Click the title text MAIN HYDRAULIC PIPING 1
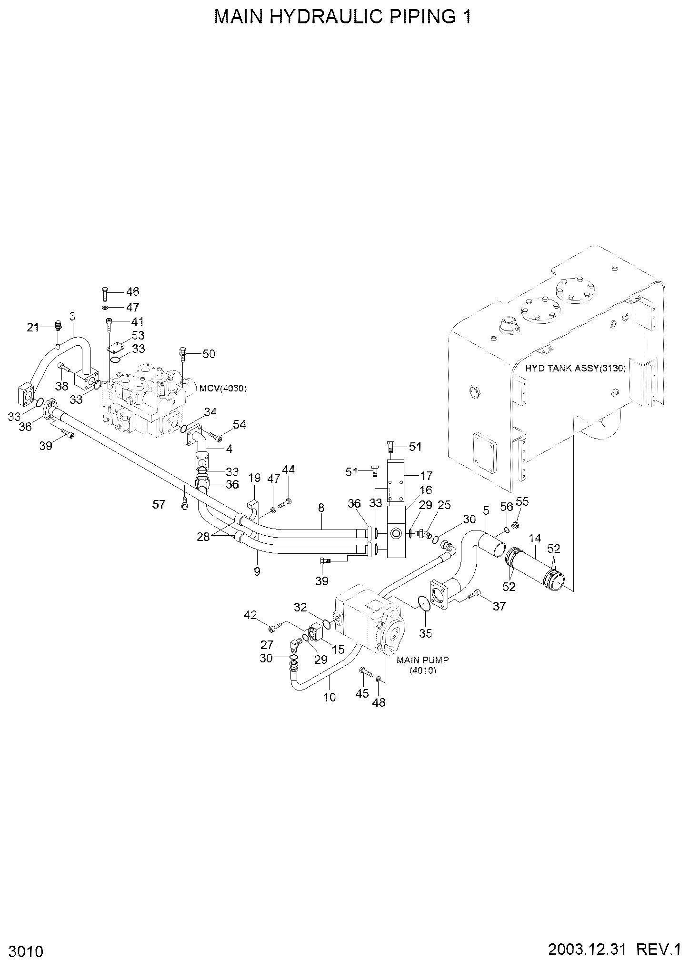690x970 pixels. coord(342,17)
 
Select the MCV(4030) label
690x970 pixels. coord(223,388)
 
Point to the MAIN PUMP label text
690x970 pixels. coord(423,660)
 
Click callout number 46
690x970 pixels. coord(133,291)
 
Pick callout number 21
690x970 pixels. coord(33,327)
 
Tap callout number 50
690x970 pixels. coord(209,354)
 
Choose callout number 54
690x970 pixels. coord(240,424)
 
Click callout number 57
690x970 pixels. coord(159,504)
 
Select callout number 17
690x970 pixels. coord(426,475)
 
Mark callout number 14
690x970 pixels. coord(535,539)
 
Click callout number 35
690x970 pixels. coord(426,633)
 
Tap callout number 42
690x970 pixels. coord(250,615)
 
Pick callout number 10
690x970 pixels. coord(330,697)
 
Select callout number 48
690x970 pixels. coord(379,702)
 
